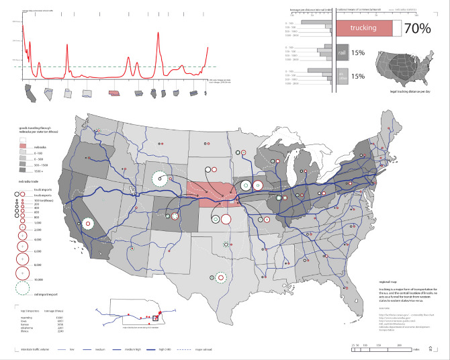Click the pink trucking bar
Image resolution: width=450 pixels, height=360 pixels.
[362, 28]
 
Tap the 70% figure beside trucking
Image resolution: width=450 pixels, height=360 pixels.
[416, 28]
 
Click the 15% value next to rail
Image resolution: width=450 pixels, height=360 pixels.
[357, 53]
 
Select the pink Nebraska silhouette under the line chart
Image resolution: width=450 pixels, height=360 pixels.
[115, 93]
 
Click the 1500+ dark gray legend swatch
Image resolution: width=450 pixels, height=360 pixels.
[21, 171]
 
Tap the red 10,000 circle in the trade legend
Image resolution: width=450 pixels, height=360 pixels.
[21, 273]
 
